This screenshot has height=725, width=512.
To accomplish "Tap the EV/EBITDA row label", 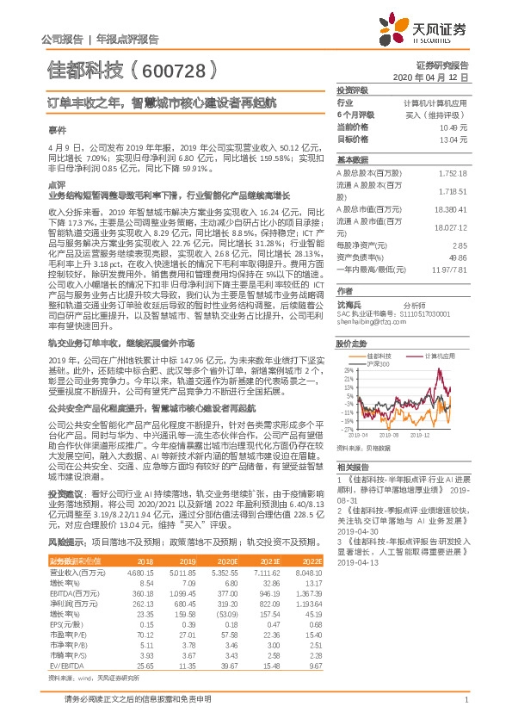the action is (63, 641).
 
